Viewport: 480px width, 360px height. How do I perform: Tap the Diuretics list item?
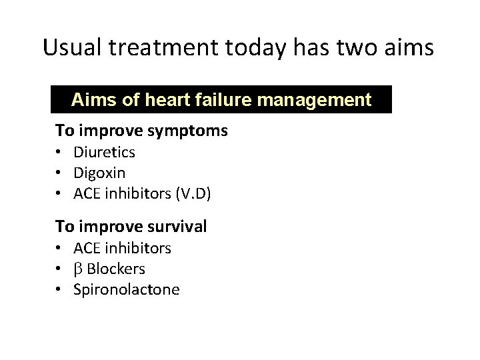[x=105, y=152]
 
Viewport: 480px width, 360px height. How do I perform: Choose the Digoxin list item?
[x=99, y=173]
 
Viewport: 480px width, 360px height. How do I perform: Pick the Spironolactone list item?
[x=127, y=290]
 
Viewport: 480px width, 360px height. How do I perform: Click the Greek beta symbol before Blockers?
[x=78, y=269]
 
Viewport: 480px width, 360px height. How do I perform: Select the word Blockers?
[x=116, y=269]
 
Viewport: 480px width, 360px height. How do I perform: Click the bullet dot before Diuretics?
[x=59, y=153]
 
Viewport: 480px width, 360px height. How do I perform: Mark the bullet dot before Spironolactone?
[x=59, y=291]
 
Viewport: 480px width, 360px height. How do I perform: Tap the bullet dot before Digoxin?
[x=59, y=174]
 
